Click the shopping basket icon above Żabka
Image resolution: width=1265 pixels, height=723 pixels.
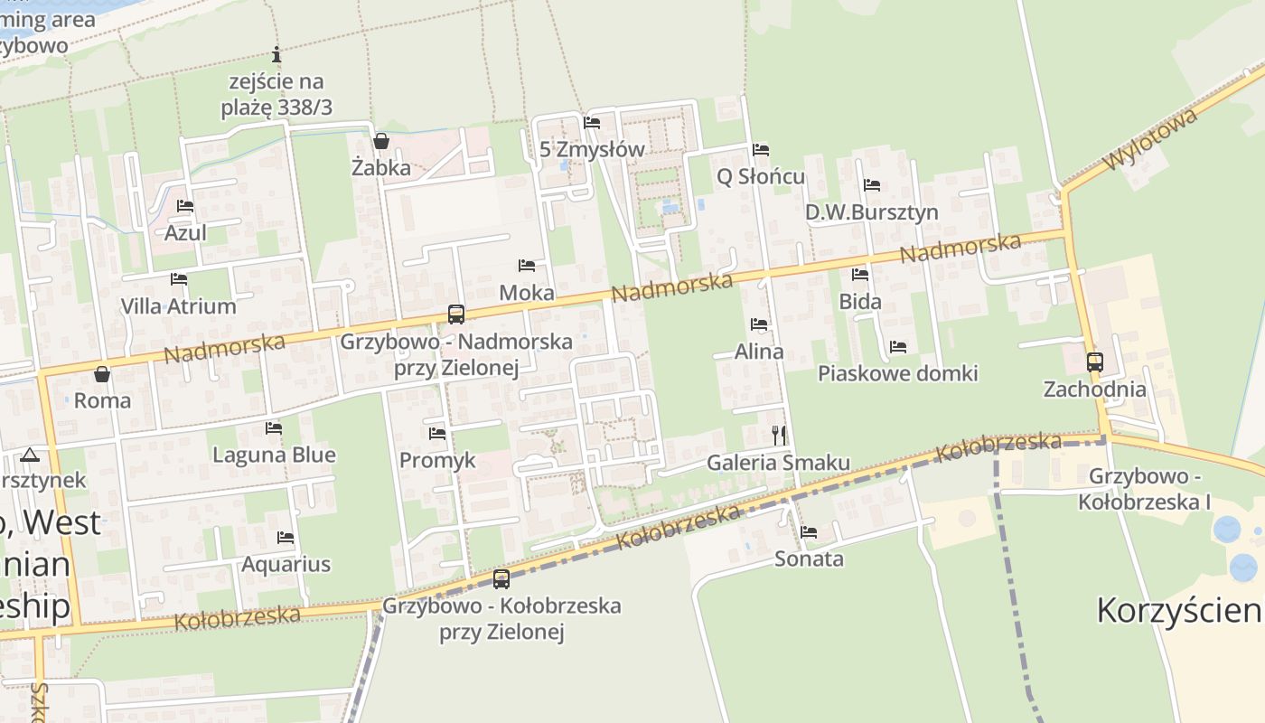(381, 141)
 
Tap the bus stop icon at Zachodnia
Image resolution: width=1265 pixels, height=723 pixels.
(1094, 362)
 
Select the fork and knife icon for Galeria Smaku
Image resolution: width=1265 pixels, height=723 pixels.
(779, 436)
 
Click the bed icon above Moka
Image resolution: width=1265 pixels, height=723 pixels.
(527, 266)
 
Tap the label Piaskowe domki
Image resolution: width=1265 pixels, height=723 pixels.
(897, 373)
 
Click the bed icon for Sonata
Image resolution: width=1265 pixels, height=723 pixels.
(809, 532)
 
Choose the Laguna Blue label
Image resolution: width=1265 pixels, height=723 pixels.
(274, 455)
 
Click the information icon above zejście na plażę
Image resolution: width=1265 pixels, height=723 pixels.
(276, 55)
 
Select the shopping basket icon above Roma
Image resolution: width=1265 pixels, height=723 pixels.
(102, 374)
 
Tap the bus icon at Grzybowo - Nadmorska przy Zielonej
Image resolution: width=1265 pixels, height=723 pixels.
(456, 315)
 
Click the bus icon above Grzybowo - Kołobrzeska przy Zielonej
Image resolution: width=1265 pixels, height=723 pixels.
(501, 579)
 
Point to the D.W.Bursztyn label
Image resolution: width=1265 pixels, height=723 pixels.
(871, 212)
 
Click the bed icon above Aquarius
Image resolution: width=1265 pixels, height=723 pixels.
(286, 538)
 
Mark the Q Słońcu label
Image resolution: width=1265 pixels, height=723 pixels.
(760, 176)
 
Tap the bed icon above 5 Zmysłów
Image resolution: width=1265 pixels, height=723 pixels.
(592, 123)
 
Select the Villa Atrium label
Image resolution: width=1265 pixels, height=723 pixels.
(179, 306)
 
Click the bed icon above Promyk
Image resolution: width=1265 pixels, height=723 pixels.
(437, 434)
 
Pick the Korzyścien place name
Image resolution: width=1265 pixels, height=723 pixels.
(1178, 611)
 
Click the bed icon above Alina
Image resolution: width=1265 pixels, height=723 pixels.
(759, 324)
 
